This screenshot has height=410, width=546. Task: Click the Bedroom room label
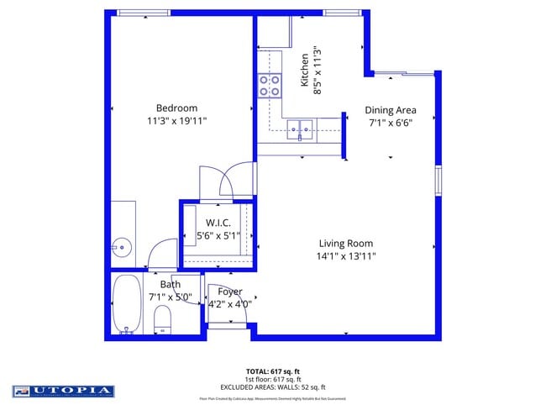176,108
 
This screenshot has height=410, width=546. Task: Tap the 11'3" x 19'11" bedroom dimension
176,121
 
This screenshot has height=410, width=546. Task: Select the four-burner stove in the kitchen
270,85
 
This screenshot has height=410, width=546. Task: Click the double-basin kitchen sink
300,129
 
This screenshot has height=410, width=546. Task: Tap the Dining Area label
390,110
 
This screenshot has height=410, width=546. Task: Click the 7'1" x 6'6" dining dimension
390,123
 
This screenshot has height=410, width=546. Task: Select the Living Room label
345,244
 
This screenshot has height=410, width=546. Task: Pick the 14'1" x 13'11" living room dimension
345,256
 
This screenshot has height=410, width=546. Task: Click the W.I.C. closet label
218,223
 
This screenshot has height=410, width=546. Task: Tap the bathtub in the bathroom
127,303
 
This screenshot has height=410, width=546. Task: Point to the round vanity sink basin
123,247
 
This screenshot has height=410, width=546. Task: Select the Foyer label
229,292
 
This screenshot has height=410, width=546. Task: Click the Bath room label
171,284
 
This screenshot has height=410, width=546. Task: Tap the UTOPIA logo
63,391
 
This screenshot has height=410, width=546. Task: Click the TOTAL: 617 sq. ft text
273,371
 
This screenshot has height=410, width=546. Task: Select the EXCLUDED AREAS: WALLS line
273,386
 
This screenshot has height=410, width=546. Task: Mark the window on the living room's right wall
437,181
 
